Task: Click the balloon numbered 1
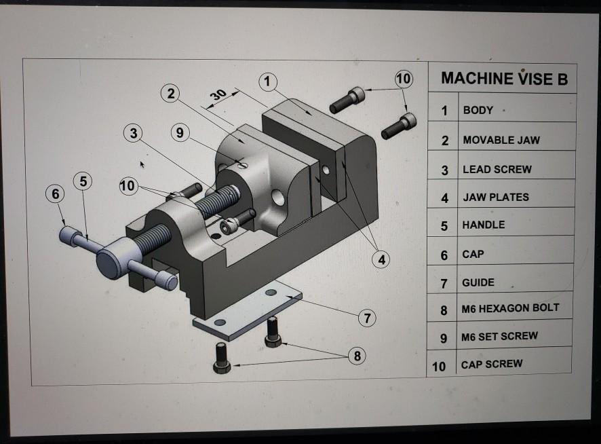[268, 82]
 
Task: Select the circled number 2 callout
[171, 94]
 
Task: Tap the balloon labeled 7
[367, 317]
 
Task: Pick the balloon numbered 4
[383, 259]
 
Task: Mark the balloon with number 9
[179, 133]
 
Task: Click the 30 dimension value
[218, 95]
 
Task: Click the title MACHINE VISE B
[504, 79]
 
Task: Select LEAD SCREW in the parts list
[497, 170]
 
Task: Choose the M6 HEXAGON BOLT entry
[510, 308]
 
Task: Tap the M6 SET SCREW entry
[499, 336]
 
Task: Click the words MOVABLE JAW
[501, 140]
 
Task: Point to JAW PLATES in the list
[495, 198]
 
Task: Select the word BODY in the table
[478, 110]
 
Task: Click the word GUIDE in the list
[478, 282]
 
